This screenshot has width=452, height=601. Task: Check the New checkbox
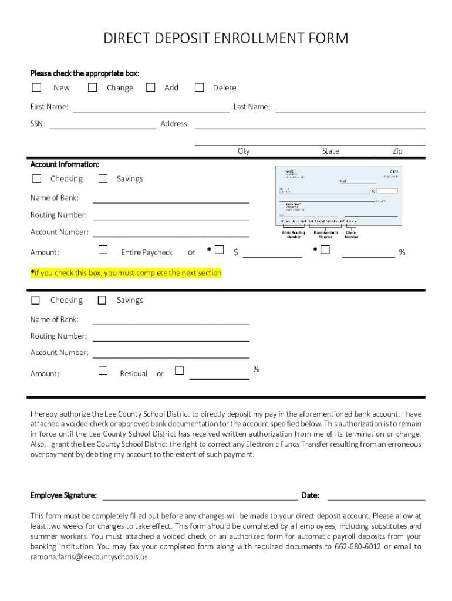36,87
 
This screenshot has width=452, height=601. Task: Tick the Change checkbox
92,87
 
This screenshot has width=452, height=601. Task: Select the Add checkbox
151,87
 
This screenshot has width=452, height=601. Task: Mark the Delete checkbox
200,87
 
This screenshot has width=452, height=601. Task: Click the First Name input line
150,107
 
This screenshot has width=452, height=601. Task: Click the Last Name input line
350,107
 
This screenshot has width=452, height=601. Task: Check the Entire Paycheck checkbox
103,250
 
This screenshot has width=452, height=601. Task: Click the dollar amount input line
272,254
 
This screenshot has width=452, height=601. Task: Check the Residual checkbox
103,371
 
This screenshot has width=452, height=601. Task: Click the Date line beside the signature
376,497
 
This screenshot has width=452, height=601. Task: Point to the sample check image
339,196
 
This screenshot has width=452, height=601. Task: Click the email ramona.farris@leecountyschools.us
89,557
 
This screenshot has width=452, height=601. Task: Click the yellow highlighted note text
126,273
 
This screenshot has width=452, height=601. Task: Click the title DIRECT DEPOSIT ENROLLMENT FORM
226,39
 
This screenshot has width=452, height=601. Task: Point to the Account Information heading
65,164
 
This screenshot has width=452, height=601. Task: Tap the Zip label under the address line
397,151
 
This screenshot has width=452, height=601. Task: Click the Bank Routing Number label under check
294,235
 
